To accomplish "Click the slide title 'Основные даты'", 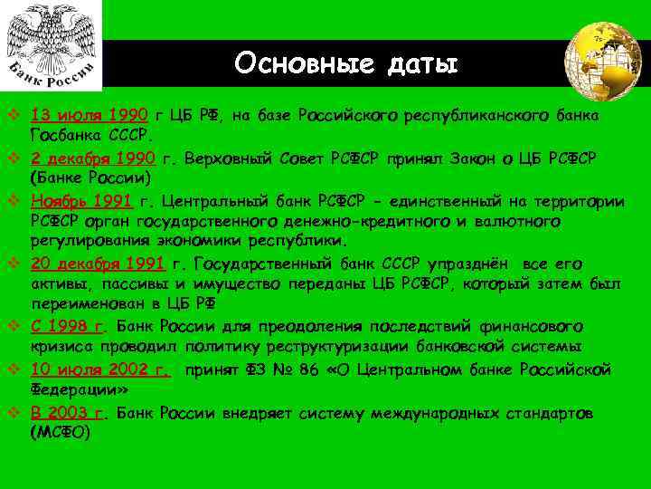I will (x=347, y=63).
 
